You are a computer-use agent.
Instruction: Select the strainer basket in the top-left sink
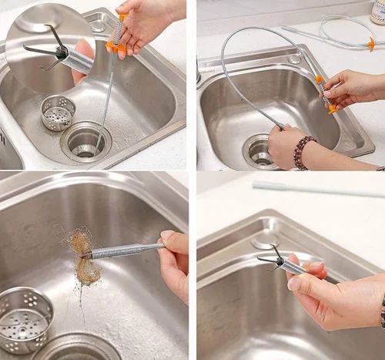click(x=59, y=112)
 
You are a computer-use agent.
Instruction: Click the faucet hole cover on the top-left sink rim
click(x=97, y=25)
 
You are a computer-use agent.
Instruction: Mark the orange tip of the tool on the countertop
click(x=371, y=44)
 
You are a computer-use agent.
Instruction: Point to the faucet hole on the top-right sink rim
click(x=294, y=59)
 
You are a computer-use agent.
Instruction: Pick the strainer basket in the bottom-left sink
click(x=25, y=318)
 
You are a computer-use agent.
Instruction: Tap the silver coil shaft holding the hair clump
click(x=127, y=250)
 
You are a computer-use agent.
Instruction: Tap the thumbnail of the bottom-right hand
click(x=295, y=284)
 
